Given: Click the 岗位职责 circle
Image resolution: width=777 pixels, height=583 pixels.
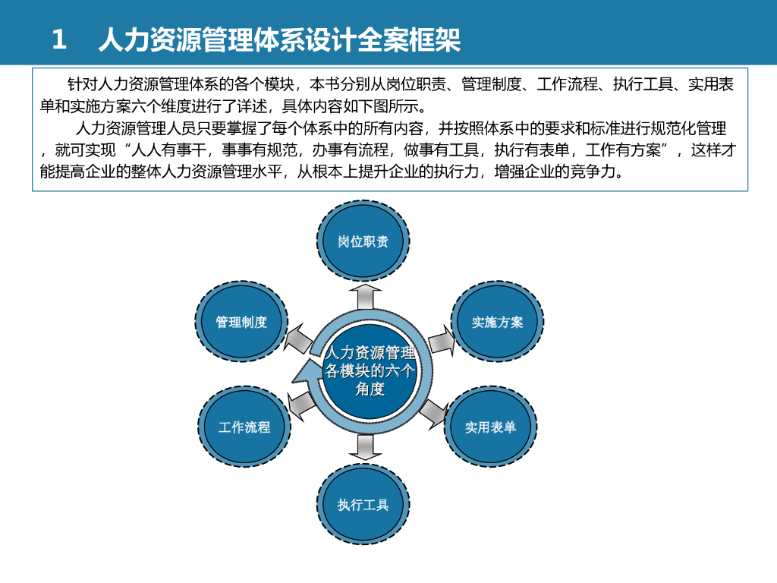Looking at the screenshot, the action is (363, 242).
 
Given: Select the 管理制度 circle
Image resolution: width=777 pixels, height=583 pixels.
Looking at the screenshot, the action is (241, 323).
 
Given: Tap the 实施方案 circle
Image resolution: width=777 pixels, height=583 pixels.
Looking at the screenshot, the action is (498, 323).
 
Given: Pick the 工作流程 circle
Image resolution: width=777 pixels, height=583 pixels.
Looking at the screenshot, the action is (244, 427).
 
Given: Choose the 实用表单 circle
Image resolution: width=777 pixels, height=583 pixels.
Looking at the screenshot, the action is (490, 427).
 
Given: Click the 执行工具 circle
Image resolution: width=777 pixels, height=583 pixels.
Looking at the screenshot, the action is (363, 505).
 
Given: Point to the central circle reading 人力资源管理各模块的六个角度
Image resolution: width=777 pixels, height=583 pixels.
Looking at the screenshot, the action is (370, 371).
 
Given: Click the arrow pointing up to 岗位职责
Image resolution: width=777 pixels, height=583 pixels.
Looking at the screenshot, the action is (364, 295).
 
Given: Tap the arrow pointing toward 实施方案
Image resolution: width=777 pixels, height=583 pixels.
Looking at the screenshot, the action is (442, 341).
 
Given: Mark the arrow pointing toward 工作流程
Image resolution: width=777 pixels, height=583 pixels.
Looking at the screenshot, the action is (300, 405).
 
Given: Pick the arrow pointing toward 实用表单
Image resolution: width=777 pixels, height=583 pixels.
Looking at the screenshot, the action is (433, 411).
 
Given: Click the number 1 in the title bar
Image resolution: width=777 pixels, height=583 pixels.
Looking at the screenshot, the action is (59, 39).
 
